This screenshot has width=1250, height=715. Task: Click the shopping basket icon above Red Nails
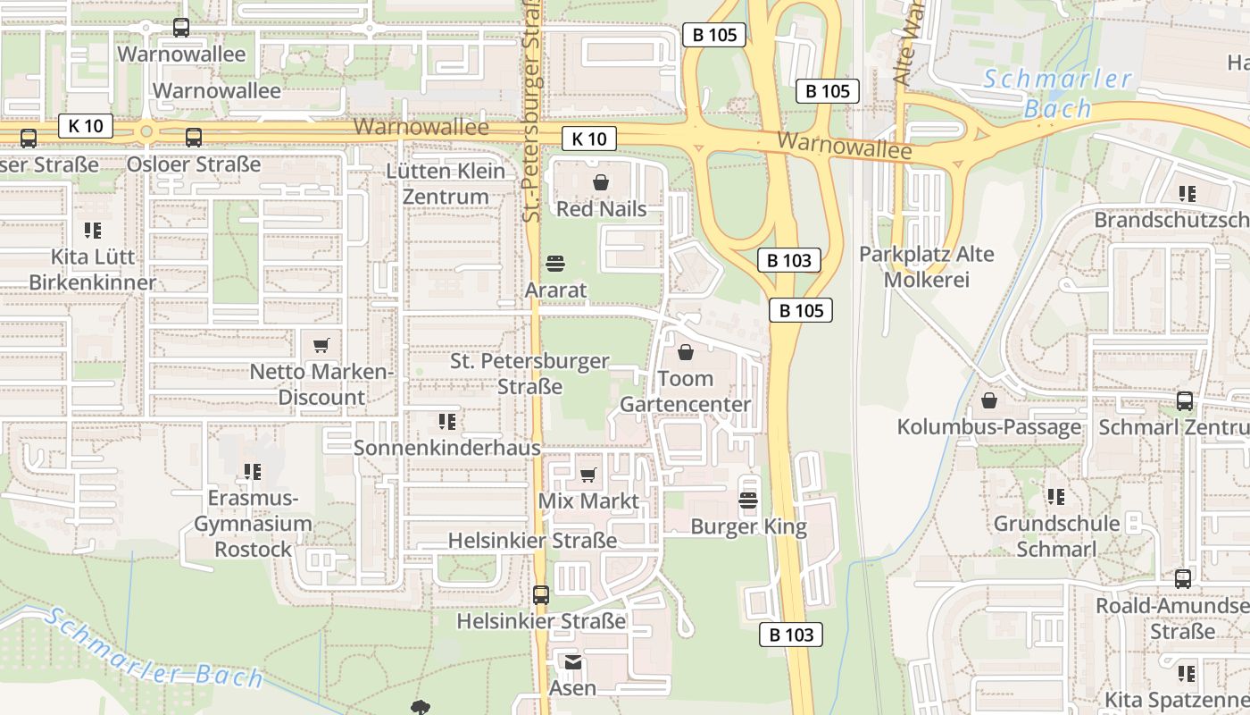pos(602,182)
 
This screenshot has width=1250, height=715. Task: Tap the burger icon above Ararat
pos(555,264)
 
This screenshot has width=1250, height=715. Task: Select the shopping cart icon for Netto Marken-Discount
pos(321,345)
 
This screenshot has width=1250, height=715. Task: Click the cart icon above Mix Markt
pos(587,475)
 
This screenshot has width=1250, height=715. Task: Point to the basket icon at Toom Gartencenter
pos(686,352)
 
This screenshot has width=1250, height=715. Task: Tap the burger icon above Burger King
pos(748,500)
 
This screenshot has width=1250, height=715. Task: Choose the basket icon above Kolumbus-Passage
pos(989,400)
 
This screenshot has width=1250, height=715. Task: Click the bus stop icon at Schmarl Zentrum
pos(1185,400)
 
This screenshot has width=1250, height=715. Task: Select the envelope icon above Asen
pos(572,662)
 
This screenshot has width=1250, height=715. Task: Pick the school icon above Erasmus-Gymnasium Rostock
pos(253,471)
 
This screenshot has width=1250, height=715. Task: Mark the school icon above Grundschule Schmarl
pos(1056,496)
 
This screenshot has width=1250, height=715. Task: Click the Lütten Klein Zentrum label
pos(446,183)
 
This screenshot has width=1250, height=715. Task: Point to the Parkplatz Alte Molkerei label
pos(927,266)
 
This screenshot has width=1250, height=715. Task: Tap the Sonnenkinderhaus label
pos(446,447)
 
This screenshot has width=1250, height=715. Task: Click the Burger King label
pos(748,526)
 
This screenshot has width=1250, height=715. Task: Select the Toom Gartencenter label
pos(686,391)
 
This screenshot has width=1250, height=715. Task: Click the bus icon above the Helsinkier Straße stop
pos(541,594)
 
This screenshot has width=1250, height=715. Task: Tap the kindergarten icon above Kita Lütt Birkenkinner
pos(93,231)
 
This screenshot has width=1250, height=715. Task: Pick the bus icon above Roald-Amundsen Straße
pos(1183,579)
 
